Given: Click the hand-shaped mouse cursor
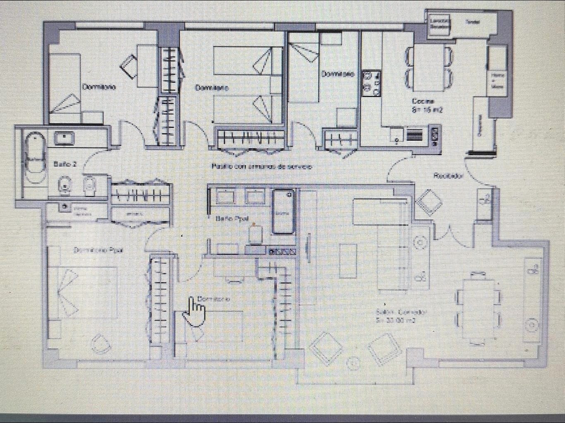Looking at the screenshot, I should pos(194,311).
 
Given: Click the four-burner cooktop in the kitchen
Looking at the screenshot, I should pos(371,82).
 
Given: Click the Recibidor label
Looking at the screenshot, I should pos(448,175).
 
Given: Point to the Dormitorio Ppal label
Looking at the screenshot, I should pos(99,250).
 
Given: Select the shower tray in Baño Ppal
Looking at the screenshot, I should pos(283,212).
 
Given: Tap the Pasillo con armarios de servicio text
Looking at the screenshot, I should pos(261,166).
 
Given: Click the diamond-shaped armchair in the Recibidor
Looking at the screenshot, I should pos(429,202).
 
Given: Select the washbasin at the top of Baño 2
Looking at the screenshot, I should pos(64,137).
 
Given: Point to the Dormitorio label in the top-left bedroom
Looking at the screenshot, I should pos(98,87).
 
